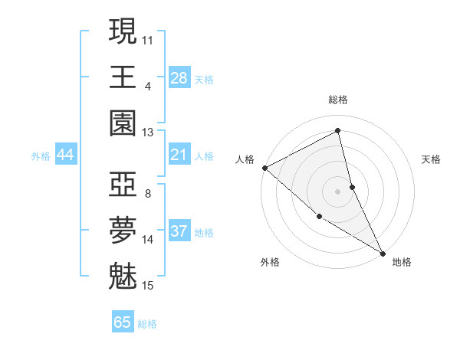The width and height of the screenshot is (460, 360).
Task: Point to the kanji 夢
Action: click(x=123, y=231)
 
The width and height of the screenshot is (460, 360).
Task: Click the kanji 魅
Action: click(x=123, y=277)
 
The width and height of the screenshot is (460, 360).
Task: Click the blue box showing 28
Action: click(x=179, y=77)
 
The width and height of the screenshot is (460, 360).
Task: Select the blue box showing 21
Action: click(x=179, y=155)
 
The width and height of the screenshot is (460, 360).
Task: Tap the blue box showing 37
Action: click(x=179, y=231)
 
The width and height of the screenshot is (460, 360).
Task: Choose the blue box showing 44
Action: click(x=65, y=155)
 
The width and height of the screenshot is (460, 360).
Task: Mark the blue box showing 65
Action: click(x=123, y=322)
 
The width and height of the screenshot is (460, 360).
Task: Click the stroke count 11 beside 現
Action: click(x=148, y=39)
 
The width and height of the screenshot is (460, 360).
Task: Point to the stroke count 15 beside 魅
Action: click(x=148, y=286)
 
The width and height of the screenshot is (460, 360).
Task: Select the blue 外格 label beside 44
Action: click(x=41, y=156)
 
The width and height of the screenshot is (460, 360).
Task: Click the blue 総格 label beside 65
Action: click(x=147, y=324)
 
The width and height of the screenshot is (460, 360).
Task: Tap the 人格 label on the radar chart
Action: click(x=245, y=159)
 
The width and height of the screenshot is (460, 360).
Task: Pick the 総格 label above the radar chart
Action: click(x=338, y=100)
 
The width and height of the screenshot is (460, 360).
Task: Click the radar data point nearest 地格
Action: click(x=382, y=252)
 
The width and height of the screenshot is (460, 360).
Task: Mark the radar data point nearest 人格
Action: click(x=264, y=167)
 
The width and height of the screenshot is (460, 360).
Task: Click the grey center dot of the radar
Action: click(x=337, y=191)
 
